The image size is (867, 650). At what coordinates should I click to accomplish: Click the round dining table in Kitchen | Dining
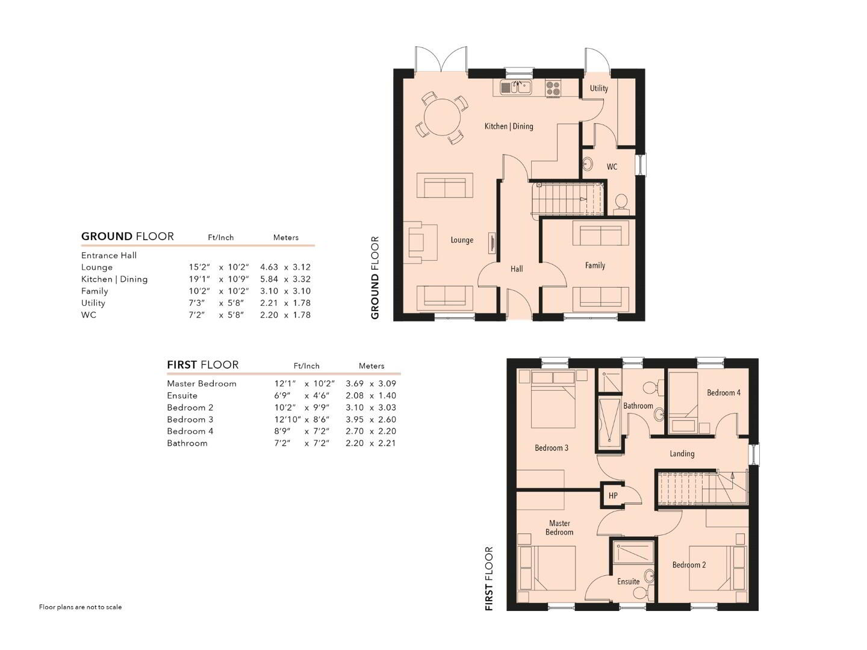tap(442, 117)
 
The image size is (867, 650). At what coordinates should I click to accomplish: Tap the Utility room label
tap(598, 88)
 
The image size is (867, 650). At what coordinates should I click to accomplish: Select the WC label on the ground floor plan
tap(612, 167)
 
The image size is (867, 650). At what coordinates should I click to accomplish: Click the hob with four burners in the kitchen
tap(553, 88)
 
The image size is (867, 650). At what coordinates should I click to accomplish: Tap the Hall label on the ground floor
tap(516, 269)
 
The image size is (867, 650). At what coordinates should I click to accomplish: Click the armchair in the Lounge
tap(420, 241)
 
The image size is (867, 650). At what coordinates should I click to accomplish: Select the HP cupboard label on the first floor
tap(613, 496)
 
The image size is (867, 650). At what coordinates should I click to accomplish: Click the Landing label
tap(682, 454)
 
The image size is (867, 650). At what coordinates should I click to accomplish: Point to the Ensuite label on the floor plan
tap(628, 581)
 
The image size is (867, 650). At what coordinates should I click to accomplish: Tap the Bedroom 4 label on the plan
tap(723, 392)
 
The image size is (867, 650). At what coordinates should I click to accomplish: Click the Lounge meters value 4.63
tap(269, 267)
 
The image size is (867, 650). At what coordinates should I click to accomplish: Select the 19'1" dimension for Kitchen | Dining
tap(199, 279)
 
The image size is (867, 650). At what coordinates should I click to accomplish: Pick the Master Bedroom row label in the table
tap(202, 383)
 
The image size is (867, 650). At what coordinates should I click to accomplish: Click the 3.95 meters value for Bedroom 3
tap(354, 419)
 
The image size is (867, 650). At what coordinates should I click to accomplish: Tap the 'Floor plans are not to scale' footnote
tap(80, 607)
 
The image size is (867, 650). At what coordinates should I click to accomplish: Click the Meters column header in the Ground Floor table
tap(285, 238)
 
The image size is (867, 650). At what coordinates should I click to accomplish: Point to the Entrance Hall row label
tap(108, 255)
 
